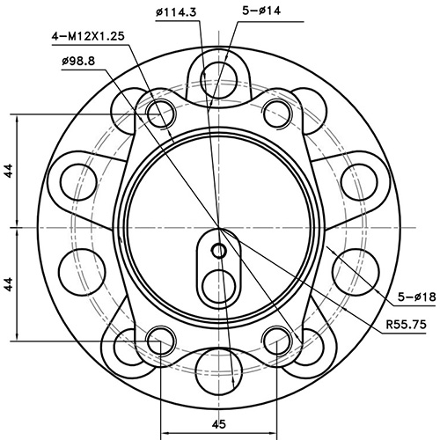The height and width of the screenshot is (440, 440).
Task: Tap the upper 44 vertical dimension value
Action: point(8,171)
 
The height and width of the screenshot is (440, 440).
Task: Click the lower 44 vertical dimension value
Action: point(8,283)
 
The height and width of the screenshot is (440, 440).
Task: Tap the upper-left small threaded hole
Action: point(159,112)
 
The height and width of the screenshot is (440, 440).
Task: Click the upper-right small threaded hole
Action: point(276,112)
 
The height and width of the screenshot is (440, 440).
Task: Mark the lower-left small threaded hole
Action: point(159,338)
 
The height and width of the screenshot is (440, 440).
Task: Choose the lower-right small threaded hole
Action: point(276,338)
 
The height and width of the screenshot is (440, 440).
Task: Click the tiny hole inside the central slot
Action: point(219,251)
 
